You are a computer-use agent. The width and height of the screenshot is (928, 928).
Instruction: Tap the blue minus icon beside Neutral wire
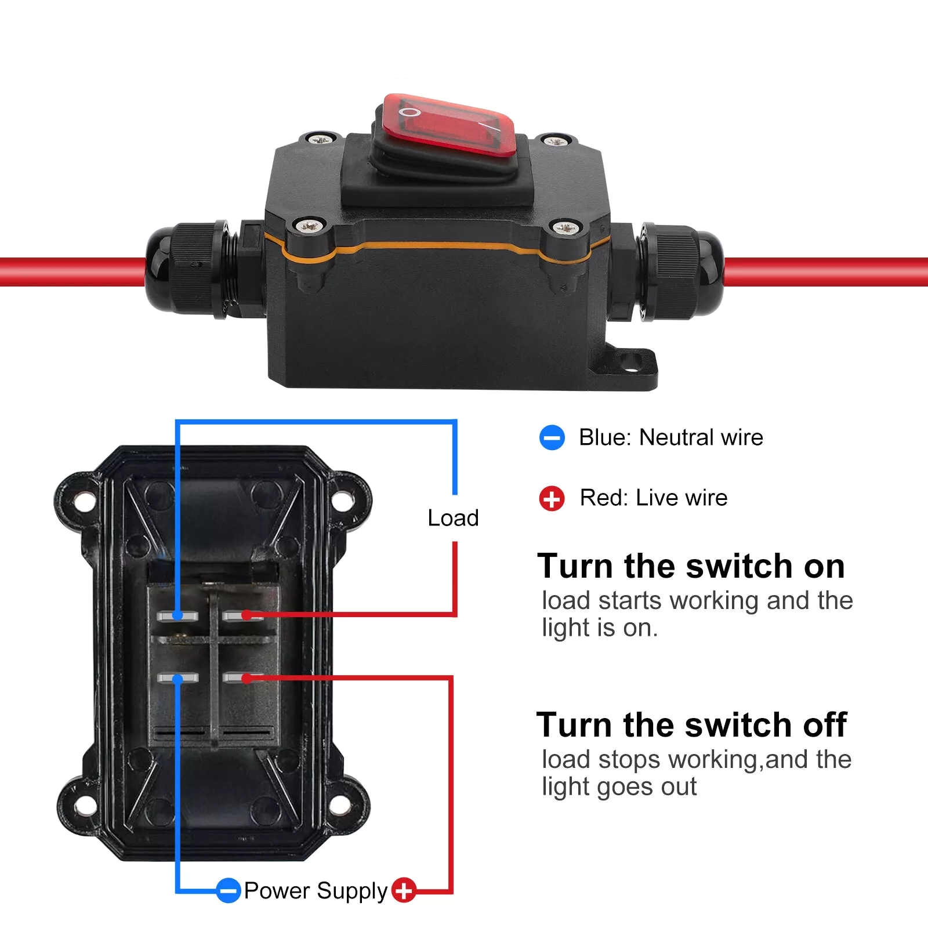[552, 437]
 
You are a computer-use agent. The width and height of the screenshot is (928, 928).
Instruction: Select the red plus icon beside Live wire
[552, 498]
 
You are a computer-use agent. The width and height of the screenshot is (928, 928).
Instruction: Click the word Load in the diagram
[453, 518]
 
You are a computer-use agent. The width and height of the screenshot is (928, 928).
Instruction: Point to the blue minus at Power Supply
[229, 890]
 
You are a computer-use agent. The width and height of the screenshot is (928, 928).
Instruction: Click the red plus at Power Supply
[404, 890]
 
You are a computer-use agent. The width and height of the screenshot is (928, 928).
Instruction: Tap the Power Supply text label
[316, 891]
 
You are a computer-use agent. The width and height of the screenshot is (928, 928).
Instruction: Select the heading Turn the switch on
[691, 566]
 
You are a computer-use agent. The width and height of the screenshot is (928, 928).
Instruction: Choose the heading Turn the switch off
[691, 725]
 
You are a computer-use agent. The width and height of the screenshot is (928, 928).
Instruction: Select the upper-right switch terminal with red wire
[244, 615]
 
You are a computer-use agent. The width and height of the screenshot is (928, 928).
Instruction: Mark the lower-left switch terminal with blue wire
[177, 678]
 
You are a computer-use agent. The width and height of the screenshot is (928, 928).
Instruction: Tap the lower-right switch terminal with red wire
[244, 677]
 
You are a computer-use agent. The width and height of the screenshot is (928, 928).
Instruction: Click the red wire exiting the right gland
[826, 272]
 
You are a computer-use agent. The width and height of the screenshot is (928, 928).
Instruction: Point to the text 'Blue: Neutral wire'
[671, 437]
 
